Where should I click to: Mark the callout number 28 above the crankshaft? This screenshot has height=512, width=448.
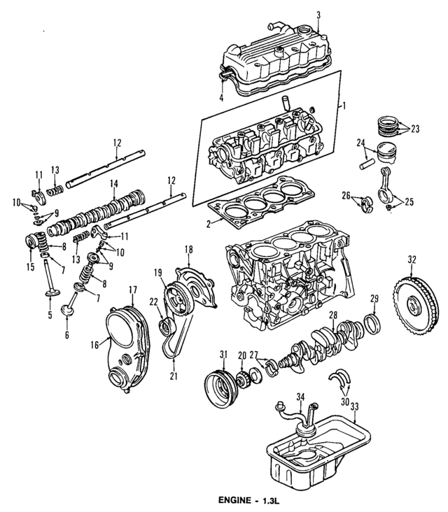coord(333,315)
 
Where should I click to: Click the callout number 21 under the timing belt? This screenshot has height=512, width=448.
coord(173,376)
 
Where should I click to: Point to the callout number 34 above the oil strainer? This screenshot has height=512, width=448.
coord(300,398)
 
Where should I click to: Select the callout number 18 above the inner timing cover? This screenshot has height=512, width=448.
coord(188,250)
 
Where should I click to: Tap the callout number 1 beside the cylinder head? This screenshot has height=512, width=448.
coord(344,106)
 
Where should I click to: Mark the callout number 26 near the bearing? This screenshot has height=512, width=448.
coord(345,195)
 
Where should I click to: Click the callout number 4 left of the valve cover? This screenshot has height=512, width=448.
coord(221,98)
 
